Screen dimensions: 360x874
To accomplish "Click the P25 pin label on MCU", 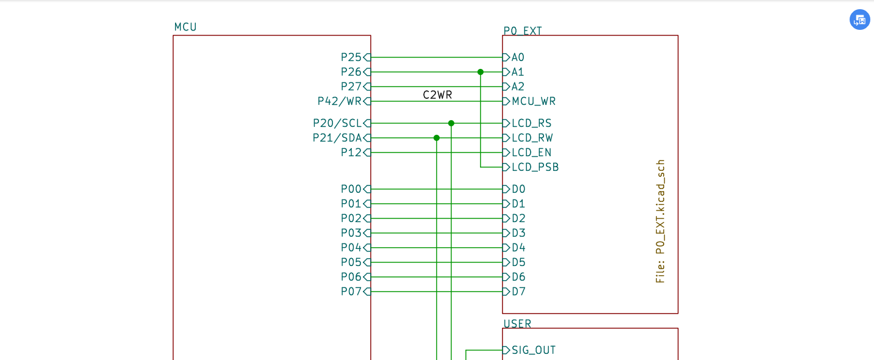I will point(351,57).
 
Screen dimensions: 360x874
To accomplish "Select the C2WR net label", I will point(437,95).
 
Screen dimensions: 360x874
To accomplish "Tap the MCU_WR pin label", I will point(534,101).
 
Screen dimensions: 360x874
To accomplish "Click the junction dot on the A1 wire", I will point(481,72).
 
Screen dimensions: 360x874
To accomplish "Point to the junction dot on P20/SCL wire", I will point(451,123).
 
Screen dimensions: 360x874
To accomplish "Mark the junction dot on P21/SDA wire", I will point(437,138).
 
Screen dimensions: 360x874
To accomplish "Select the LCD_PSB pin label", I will point(535,167).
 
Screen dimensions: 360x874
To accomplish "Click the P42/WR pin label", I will point(340,101).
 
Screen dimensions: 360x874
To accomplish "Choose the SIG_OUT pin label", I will point(534,350).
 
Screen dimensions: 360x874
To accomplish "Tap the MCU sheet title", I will point(185,27).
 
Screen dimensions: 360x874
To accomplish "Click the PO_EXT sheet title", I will point(523,31).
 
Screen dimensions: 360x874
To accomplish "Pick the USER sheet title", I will point(517,324).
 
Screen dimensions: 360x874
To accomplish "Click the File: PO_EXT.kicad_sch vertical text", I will point(661,221).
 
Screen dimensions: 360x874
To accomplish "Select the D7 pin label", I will point(518,292).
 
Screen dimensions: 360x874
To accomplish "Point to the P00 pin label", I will point(351,189).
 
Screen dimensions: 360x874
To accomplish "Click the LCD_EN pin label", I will point(531,153).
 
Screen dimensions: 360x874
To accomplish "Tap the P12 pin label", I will point(351,153).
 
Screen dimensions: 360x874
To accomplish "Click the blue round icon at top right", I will point(860,20).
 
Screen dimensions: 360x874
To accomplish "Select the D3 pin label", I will point(518,233).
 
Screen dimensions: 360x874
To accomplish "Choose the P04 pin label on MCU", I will point(351,248).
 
